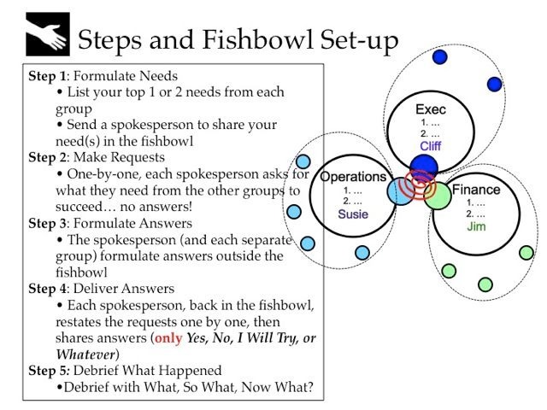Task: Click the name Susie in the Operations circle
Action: [x=353, y=214]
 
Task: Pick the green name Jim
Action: [x=476, y=227]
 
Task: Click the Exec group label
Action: [x=431, y=110]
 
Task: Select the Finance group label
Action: [x=476, y=190]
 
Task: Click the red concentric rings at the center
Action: [x=420, y=182]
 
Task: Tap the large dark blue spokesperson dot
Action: [x=423, y=166]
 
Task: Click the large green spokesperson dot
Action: [x=437, y=196]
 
